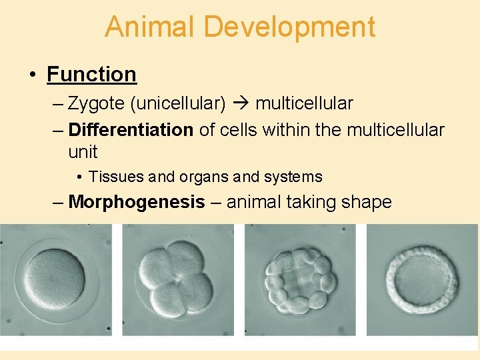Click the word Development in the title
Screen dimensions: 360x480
[x=289, y=27]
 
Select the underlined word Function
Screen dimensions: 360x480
[x=91, y=74]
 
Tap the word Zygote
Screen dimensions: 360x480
[x=99, y=104]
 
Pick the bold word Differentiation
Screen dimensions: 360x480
[x=131, y=129]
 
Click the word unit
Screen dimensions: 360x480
[x=83, y=152]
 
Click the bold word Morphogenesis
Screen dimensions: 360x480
[x=136, y=201]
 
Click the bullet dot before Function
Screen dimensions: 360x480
[x=33, y=75]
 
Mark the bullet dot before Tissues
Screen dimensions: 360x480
[x=79, y=177]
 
